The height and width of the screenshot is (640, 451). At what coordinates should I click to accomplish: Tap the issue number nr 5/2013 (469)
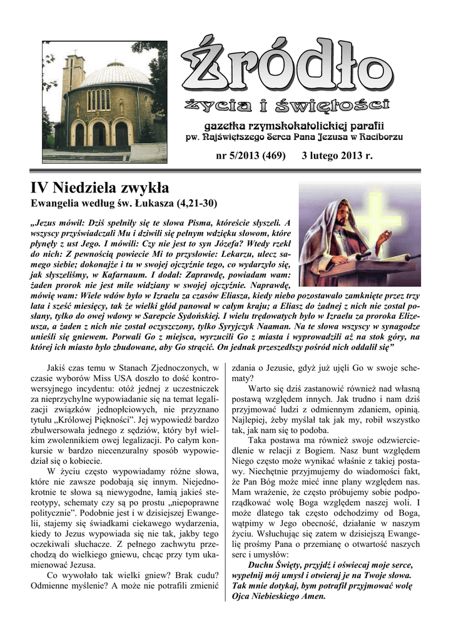pos(250,155)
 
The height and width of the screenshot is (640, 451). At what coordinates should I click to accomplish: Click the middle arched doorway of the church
pos(99,134)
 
